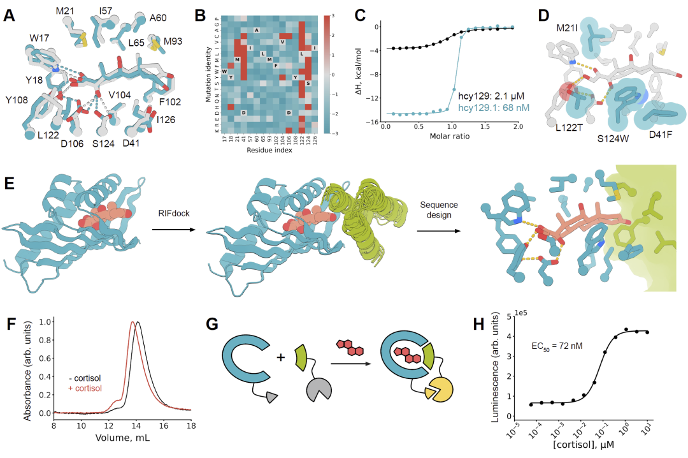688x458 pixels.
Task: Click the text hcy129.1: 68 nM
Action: tap(484, 108)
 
